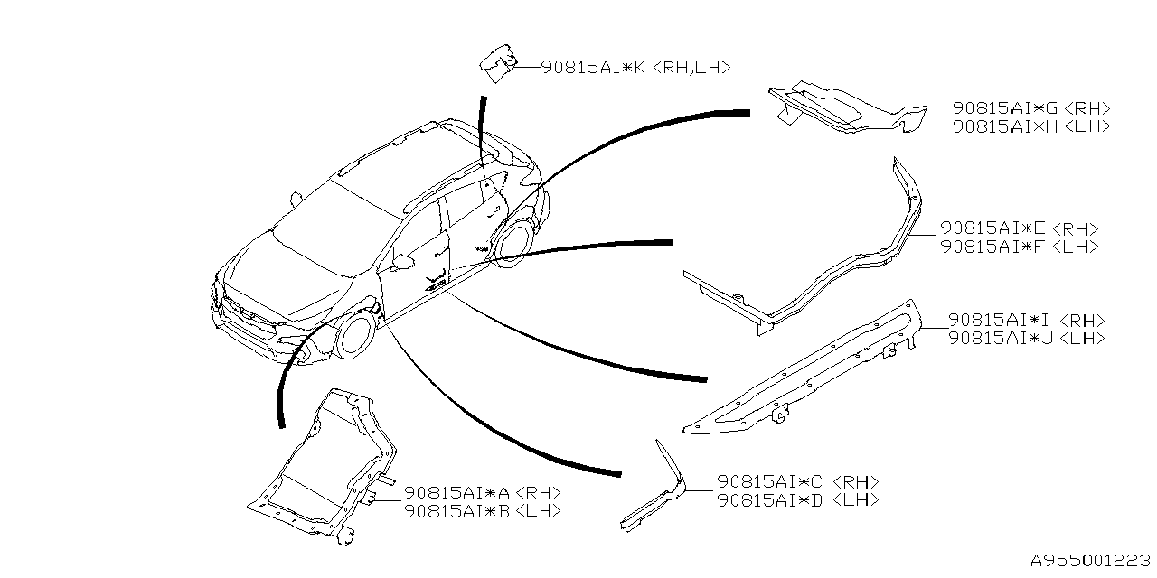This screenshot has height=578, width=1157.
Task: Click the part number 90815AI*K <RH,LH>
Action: [635, 67]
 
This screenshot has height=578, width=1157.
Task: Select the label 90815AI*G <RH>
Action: [1031, 108]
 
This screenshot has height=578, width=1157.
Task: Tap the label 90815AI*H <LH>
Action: [1031, 126]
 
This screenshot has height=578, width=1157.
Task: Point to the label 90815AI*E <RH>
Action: [1020, 228]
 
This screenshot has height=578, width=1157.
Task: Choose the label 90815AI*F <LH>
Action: [1020, 247]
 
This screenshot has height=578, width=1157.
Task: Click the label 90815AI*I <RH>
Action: [1026, 320]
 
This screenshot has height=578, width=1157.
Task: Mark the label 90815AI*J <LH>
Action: [1026, 338]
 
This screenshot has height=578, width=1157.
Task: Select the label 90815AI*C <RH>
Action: [797, 482]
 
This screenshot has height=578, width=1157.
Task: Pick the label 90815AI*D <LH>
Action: [797, 500]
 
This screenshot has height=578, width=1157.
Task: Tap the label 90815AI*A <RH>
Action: [483, 492]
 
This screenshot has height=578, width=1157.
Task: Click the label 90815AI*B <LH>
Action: [483, 510]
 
